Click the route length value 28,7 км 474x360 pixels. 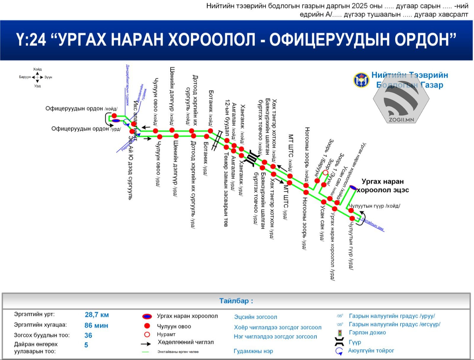tap(97, 315)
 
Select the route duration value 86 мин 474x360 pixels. tap(96, 325)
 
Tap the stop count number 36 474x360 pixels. tap(88, 335)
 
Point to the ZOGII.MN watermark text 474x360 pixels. tap(401, 120)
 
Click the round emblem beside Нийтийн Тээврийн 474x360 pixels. tap(361, 80)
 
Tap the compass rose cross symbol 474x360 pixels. tap(37, 77)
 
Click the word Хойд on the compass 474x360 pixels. tap(37, 69)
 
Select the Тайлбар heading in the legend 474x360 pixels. tap(236, 301)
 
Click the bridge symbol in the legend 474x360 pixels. tap(339, 342)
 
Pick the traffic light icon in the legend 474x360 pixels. tap(340, 333)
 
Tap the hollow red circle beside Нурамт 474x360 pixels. tap(147, 335)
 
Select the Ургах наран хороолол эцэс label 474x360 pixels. tap(383, 186)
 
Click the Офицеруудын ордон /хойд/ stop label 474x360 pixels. tap(81, 109)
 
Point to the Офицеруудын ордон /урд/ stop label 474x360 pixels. tap(86, 129)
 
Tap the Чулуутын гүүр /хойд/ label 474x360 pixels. tap(374, 206)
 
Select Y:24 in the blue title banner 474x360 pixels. tap(31, 40)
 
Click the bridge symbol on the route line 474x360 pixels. tap(252, 157)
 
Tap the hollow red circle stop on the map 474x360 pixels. tap(325, 172)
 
